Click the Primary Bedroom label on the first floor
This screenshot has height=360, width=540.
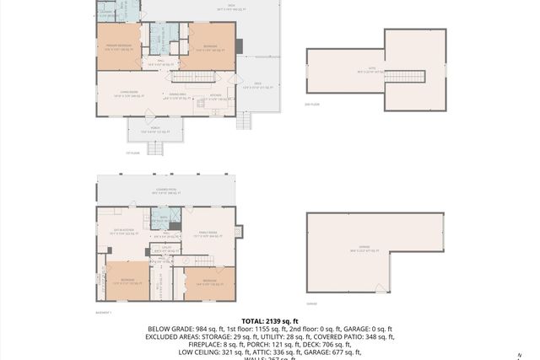tap(117, 47)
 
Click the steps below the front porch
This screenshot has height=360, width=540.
tap(155, 149)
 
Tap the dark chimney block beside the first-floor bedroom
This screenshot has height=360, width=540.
tap(239, 46)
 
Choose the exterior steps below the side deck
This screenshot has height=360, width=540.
tap(244, 121)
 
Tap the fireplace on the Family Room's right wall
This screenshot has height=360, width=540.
tap(238, 230)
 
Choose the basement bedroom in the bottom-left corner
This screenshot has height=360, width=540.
tap(127, 280)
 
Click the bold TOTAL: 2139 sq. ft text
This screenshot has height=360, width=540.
tap(269, 321)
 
